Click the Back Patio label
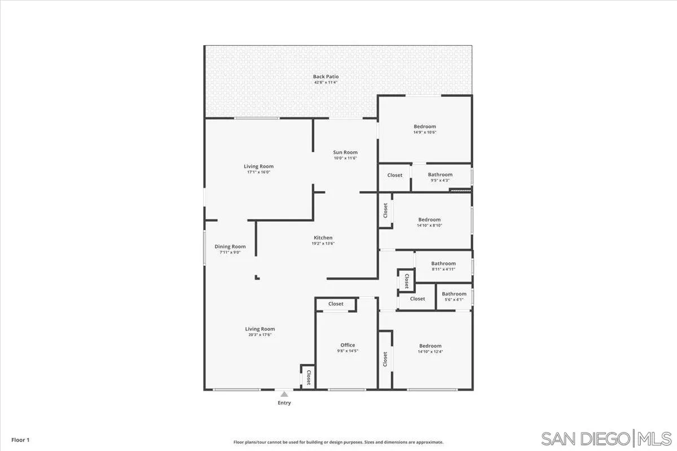coord(326,77)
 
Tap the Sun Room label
coord(345,152)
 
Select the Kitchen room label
coord(323,238)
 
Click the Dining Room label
coord(230,246)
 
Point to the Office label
coord(348,345)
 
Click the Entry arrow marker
coord(284,394)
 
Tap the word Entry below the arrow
coord(284,403)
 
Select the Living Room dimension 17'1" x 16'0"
coord(259,173)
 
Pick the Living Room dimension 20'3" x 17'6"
coord(260,335)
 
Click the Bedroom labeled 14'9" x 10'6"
coord(425,127)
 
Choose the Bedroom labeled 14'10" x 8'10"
coord(429,220)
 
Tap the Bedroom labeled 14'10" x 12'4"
coord(430,346)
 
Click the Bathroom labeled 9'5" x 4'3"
coord(440,175)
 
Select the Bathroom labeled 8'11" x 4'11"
coord(443,263)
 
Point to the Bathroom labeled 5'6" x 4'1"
coord(454,294)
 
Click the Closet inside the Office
coord(336,304)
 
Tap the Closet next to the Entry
coord(308,377)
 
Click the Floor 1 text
coord(20,440)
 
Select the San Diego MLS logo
coord(606,438)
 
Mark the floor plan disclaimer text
coord(338,443)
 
